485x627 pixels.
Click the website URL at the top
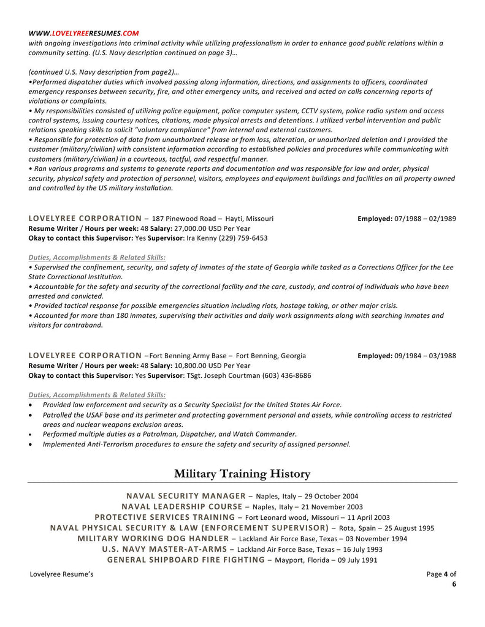(x=83, y=33)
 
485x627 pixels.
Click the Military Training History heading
(x=242, y=473)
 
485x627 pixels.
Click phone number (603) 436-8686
(x=288, y=375)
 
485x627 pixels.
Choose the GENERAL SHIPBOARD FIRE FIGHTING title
(x=186, y=560)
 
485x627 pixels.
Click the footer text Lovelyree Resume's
(x=61, y=574)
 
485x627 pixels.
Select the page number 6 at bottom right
(x=454, y=584)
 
